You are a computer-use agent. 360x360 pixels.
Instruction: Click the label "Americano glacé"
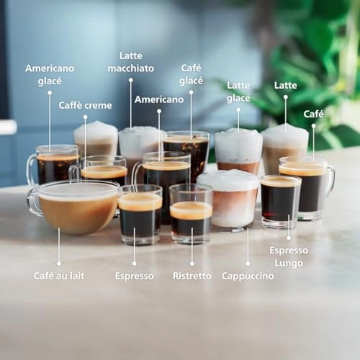click(x=49, y=74)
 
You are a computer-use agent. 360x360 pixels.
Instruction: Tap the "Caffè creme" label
click(x=85, y=105)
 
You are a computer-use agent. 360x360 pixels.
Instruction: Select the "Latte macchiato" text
click(x=130, y=62)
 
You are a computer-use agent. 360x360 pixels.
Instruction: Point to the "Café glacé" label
click(x=191, y=74)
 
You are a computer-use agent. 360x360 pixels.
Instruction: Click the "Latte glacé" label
click(x=238, y=91)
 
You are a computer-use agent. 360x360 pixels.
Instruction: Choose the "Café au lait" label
click(x=58, y=276)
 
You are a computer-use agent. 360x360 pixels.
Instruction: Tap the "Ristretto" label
click(x=192, y=276)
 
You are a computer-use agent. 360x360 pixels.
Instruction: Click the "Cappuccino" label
click(x=247, y=276)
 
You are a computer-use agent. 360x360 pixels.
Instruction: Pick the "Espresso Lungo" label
click(x=289, y=256)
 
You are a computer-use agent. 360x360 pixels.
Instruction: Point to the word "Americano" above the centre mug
click(x=159, y=99)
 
